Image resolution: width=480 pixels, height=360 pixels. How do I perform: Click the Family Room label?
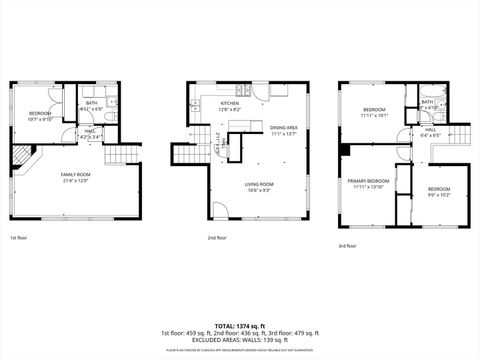point(76,174)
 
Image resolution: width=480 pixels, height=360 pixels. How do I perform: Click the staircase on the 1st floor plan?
point(118,154)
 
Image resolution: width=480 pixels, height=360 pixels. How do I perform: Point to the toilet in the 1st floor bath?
point(113,103)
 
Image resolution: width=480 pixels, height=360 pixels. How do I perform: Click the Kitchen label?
point(229,103)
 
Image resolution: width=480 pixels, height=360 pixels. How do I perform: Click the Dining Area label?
point(284,128)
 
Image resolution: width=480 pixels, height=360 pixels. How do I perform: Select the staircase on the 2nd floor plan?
point(187,154)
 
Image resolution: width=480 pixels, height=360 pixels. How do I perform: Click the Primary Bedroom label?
point(367,181)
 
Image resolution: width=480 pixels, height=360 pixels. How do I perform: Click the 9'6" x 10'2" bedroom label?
point(440,191)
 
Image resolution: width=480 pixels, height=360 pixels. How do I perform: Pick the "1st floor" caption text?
point(19,239)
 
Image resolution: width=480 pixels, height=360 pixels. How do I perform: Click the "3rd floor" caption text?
point(347,246)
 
